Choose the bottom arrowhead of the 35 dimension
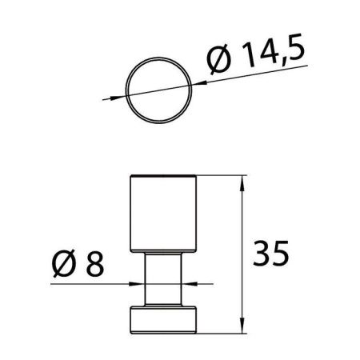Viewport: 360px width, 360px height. point(242,328)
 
